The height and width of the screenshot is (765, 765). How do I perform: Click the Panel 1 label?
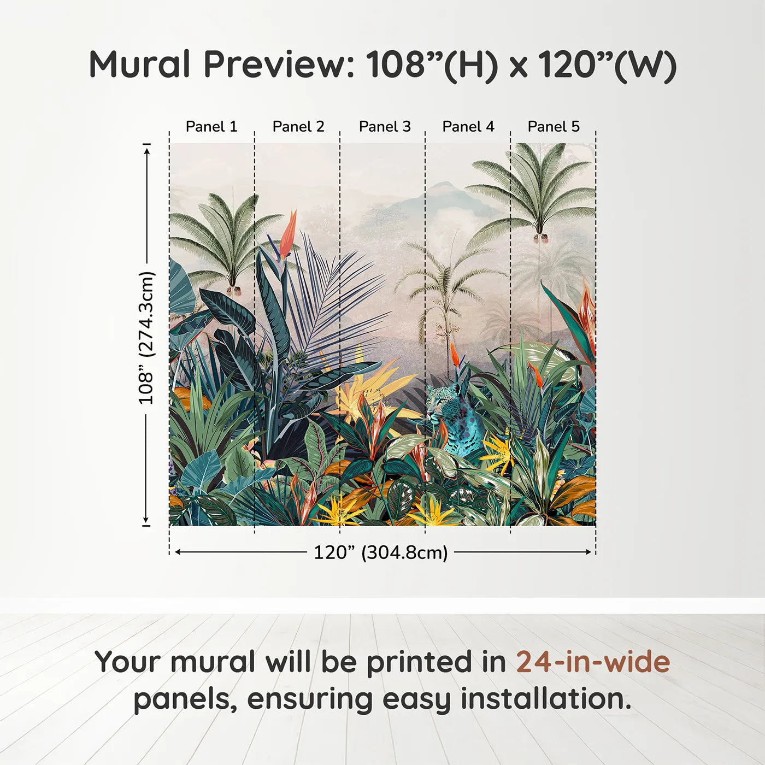[x=211, y=127]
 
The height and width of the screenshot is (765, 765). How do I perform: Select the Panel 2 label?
[x=298, y=127]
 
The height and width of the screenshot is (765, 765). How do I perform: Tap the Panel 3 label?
[x=385, y=127]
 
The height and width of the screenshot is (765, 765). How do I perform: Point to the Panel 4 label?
[x=468, y=127]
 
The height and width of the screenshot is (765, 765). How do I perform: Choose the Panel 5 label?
[x=554, y=127]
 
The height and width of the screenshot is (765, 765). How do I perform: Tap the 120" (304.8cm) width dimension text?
[x=381, y=552]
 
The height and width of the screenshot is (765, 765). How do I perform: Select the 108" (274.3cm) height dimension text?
[x=145, y=338]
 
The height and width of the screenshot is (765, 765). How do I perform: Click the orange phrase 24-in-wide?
[x=593, y=662]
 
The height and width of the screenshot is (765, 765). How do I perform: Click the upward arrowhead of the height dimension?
[x=147, y=151]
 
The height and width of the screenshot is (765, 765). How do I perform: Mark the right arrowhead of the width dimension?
[x=588, y=552]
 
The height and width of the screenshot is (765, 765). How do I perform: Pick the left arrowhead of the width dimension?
[x=179, y=552]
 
